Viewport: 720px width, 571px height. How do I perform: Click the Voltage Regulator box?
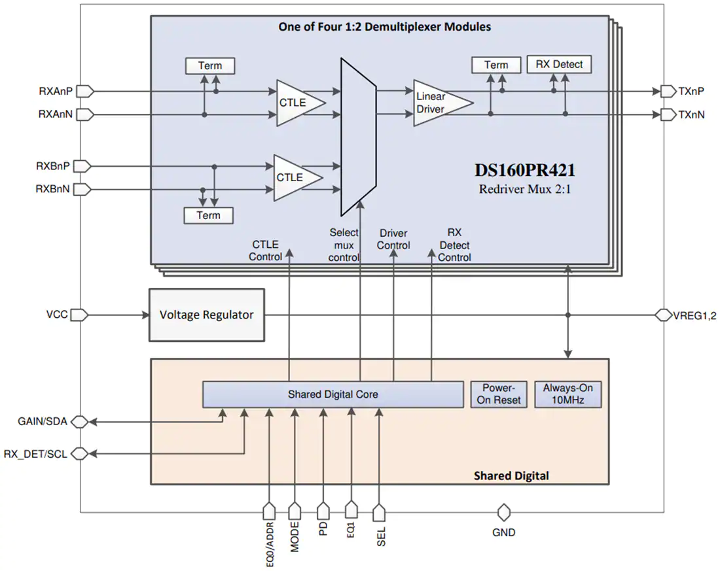pos(207,315)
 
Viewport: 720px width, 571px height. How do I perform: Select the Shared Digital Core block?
pos(333,394)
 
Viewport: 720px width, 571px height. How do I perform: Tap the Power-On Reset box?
pos(499,394)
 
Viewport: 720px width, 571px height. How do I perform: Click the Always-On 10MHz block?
pos(568,394)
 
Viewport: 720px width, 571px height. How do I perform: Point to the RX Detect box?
pos(559,64)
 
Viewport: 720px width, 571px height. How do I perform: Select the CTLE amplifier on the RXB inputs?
pos(298,178)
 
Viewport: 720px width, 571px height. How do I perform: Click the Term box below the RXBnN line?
pos(208,215)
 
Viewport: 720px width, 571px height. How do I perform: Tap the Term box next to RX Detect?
pos(496,65)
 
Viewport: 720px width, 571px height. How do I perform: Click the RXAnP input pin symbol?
pos(85,92)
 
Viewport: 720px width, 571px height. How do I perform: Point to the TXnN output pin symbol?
pos(668,114)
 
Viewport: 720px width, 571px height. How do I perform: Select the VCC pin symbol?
pos(79,315)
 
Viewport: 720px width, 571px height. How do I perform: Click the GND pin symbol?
pos(504,512)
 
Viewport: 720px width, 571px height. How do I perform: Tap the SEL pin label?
pos(381,536)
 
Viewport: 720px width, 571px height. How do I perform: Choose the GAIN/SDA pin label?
pos(43,421)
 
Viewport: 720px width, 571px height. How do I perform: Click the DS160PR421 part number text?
pos(525,170)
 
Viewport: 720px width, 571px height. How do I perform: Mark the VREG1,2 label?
pos(694,316)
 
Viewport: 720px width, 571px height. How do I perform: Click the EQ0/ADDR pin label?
pos(270,544)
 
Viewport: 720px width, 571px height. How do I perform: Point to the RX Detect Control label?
pos(454,245)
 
